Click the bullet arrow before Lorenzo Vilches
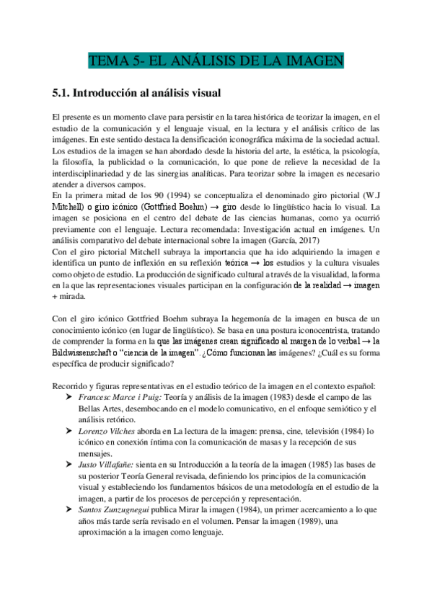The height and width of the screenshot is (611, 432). point(70,431)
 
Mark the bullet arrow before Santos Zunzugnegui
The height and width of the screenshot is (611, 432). point(70,509)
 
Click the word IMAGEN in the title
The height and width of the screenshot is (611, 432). point(314,61)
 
